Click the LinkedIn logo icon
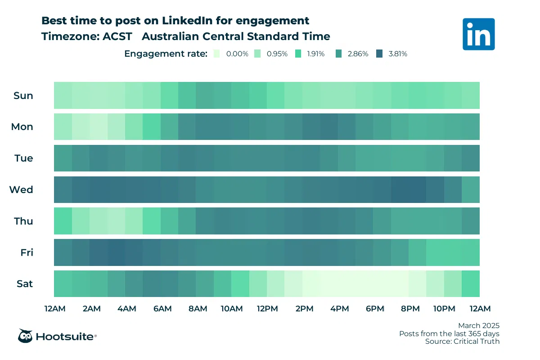click(x=478, y=34)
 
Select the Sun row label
click(x=23, y=95)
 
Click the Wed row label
click(x=21, y=189)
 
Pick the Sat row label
click(x=24, y=284)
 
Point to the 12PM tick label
click(x=267, y=309)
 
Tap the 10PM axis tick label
click(x=444, y=309)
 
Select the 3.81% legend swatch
click(x=379, y=54)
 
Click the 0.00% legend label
click(x=237, y=54)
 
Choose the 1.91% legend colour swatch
click(x=298, y=54)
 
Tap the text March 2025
click(x=479, y=325)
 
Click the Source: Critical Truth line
click(x=462, y=342)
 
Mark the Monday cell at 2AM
click(x=98, y=127)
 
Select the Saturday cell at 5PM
click(x=364, y=283)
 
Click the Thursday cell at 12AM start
click(x=63, y=221)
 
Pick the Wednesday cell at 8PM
click(x=417, y=189)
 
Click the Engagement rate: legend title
click(x=166, y=54)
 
